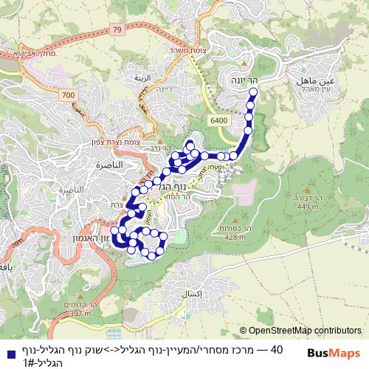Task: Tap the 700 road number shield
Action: point(69,96)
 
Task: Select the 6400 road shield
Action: point(218,120)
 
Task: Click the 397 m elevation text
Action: point(76,314)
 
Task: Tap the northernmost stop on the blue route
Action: point(254,92)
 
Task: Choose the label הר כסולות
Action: point(237,229)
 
